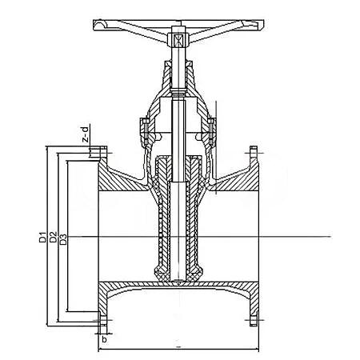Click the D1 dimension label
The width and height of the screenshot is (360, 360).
click(x=42, y=237)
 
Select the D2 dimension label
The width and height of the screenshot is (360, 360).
click(x=54, y=237)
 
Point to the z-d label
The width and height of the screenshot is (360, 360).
click(x=86, y=134)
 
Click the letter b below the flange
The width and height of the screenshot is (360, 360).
click(x=104, y=339)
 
